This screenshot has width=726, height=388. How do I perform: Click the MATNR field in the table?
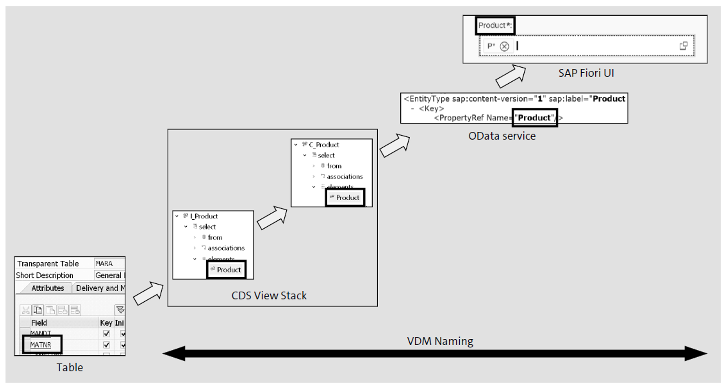click(41, 345)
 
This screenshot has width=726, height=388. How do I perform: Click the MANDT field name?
click(41, 333)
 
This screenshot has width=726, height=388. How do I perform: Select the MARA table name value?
click(104, 264)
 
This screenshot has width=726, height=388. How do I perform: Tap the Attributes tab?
click(48, 288)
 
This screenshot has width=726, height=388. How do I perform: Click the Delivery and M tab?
click(100, 288)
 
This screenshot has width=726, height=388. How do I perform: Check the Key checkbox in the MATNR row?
click(106, 345)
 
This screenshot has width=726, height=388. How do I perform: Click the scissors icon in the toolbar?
click(26, 310)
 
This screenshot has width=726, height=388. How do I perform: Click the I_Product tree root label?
click(204, 216)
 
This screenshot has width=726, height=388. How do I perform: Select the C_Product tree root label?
click(324, 145)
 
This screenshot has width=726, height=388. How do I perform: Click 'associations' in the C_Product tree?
click(345, 177)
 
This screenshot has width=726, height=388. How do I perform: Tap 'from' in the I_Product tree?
click(215, 237)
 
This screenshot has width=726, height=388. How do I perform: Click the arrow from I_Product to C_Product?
click(272, 218)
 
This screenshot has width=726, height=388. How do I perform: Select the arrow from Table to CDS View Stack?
click(148, 293)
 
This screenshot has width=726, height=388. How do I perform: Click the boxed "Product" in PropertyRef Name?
click(534, 118)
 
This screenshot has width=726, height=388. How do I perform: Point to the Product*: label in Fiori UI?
click(495, 25)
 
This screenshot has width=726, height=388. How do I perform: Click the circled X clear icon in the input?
click(505, 46)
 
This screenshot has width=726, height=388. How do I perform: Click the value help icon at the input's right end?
click(683, 46)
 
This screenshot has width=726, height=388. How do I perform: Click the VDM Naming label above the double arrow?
click(440, 341)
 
